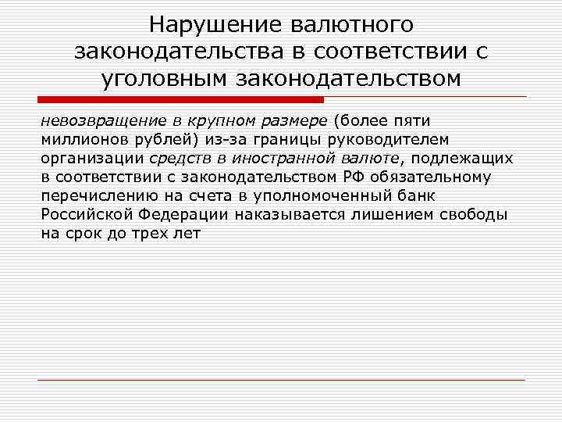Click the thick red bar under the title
pos(181,100)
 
